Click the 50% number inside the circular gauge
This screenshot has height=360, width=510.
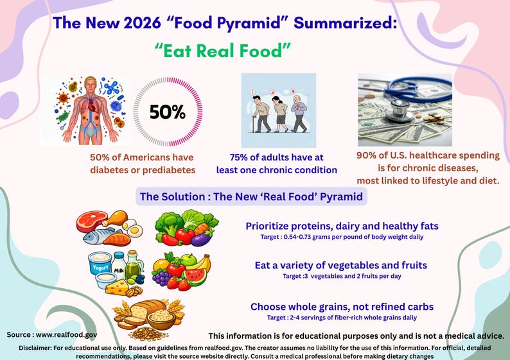coord(167,112)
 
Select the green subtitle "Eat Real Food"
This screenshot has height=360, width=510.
coord(233,51)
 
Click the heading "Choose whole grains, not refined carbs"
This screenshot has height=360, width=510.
coord(342,307)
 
